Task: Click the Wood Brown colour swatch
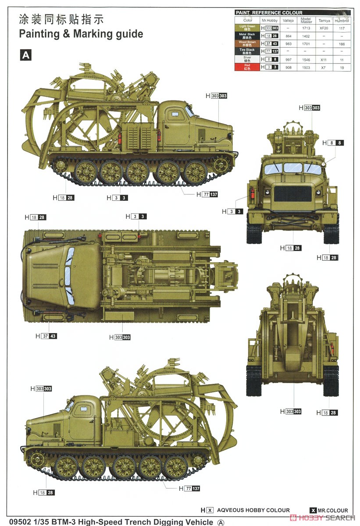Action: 248,44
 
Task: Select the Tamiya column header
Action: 324,20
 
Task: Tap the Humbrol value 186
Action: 342,44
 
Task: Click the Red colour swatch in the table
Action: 248,67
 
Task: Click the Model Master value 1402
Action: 306,36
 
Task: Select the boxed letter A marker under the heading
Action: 26,54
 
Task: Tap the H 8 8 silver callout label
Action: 333,143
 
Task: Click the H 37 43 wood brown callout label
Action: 46,336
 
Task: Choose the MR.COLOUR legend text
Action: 333,510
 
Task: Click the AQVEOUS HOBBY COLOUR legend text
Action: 253,510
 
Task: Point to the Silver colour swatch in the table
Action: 248,59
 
